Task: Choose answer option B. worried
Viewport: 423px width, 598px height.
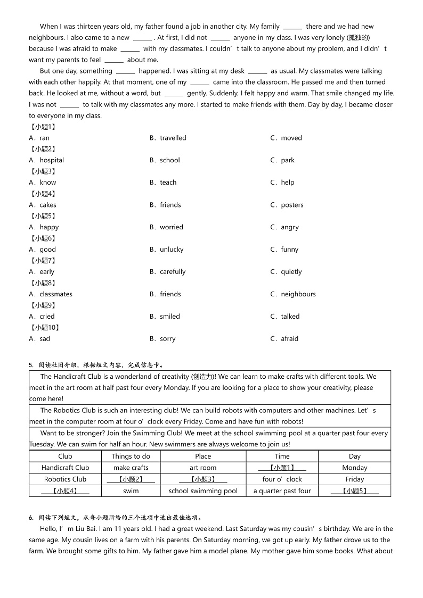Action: point(166,227)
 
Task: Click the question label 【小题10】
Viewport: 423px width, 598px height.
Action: point(45,328)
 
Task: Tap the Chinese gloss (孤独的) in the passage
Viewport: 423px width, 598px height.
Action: point(358,38)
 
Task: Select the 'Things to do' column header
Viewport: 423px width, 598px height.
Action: point(131,456)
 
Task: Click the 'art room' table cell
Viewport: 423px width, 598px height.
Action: point(203,468)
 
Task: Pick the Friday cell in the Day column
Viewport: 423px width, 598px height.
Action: point(354,479)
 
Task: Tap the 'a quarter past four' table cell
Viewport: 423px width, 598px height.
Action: point(282,491)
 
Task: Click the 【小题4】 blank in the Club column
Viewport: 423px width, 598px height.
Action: point(66,491)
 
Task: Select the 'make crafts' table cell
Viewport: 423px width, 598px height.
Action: point(131,468)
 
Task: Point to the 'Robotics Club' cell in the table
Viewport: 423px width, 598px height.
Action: point(66,479)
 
